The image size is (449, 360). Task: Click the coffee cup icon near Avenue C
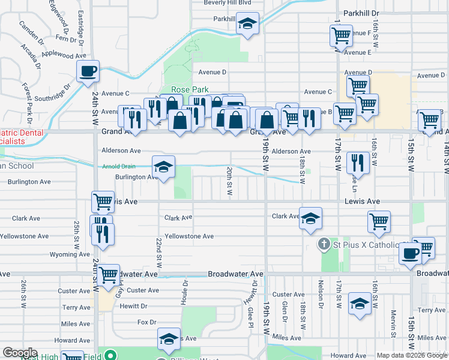(x=88, y=71)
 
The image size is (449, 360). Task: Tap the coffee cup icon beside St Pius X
(x=411, y=253)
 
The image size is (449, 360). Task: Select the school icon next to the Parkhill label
(x=247, y=24)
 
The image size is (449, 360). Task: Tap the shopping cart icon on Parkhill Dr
(x=341, y=35)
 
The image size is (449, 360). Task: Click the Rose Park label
(x=190, y=89)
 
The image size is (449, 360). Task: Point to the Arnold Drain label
(x=119, y=167)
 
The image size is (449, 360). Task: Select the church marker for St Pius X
(x=324, y=245)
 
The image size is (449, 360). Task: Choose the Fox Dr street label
(x=147, y=322)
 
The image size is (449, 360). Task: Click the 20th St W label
(x=229, y=181)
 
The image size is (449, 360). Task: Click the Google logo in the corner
(x=20, y=353)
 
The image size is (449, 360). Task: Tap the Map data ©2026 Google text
(x=412, y=355)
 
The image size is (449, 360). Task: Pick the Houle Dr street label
(x=185, y=291)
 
